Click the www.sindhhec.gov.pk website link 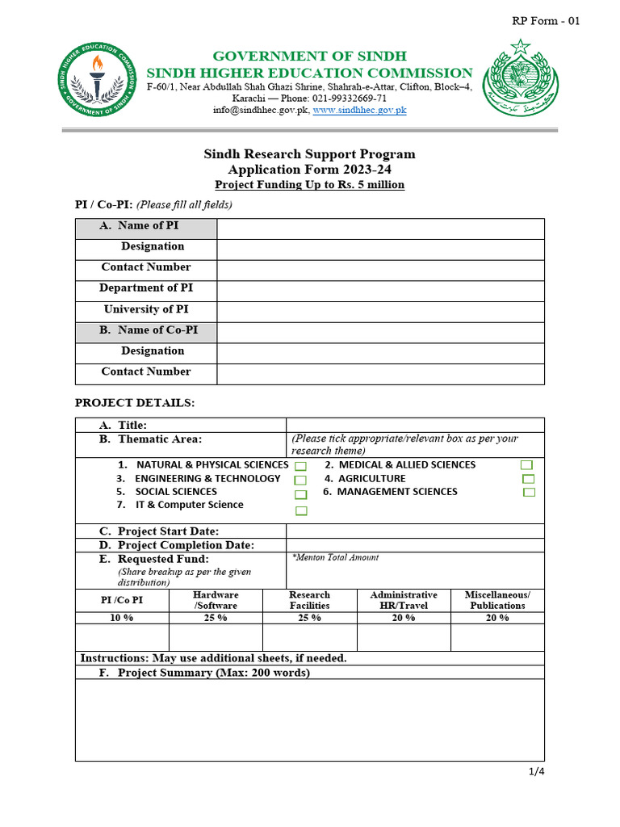pyautogui.click(x=359, y=110)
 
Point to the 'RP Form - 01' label pyautogui.click(x=546, y=21)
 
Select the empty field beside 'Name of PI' pyautogui.click(x=380, y=229)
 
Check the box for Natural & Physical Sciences pyautogui.click(x=300, y=467)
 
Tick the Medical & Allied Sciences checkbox pyautogui.click(x=526, y=465)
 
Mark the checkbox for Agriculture pyautogui.click(x=528, y=479)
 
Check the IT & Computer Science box pyautogui.click(x=301, y=510)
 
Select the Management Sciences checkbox pyautogui.click(x=529, y=492)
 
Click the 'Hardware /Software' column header pyautogui.click(x=216, y=600)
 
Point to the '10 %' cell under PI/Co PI pyautogui.click(x=122, y=618)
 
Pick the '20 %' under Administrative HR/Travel pyautogui.click(x=404, y=618)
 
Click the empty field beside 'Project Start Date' pyautogui.click(x=415, y=531)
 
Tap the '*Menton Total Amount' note pyautogui.click(x=335, y=557)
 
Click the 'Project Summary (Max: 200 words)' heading pyautogui.click(x=213, y=672)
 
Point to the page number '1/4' pyautogui.click(x=537, y=771)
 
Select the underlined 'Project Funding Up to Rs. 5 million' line pyautogui.click(x=310, y=185)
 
